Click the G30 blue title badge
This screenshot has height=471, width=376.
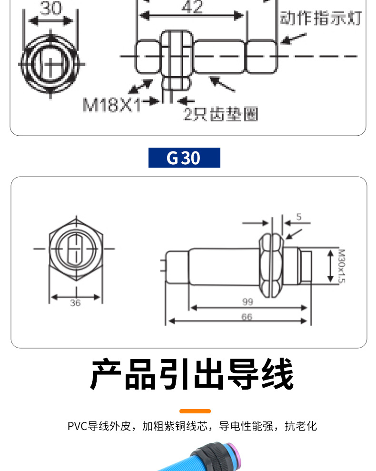184,158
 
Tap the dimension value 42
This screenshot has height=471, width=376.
192,7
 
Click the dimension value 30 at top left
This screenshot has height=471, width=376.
50,9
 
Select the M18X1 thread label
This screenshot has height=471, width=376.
112,104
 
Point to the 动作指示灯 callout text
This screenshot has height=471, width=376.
320,18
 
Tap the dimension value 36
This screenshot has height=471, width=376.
75,303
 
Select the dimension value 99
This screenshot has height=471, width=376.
247,302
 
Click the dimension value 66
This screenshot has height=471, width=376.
247,317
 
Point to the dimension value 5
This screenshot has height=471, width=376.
299,217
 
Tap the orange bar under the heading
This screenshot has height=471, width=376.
195,411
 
